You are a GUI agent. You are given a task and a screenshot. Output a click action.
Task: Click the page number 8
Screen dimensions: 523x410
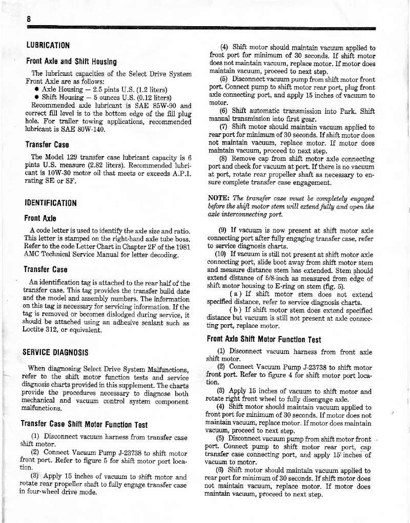tap(30, 19)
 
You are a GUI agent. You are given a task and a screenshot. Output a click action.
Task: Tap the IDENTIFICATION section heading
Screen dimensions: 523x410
tap(51, 203)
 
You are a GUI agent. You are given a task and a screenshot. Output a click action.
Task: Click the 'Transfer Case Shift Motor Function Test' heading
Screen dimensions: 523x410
tap(84, 425)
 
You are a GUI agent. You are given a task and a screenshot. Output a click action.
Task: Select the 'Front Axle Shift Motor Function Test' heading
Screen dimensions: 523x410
tap(264, 339)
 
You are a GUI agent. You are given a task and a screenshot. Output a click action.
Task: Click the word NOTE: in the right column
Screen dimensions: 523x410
tap(219, 198)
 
